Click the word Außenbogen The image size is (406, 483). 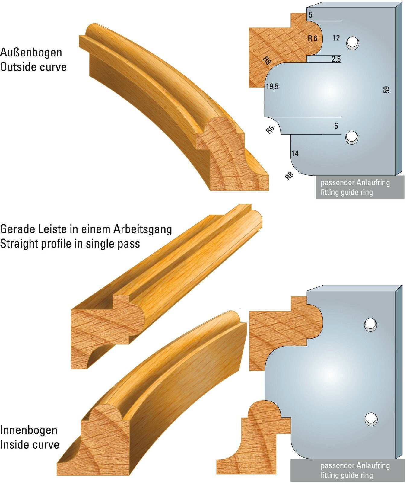[31, 53]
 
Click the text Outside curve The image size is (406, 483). [33, 67]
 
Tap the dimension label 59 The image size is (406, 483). [386, 90]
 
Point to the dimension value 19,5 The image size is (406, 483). [272, 87]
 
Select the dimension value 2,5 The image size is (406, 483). [336, 59]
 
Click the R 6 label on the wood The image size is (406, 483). [312, 39]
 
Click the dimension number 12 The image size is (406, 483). [336, 38]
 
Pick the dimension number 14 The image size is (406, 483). [295, 154]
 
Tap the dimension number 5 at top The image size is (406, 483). [311, 15]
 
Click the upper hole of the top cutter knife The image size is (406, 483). [353, 43]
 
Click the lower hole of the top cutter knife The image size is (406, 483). [352, 138]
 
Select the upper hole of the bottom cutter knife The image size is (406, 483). [370, 324]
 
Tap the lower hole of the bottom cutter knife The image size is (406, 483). [371, 419]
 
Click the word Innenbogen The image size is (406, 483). [29, 430]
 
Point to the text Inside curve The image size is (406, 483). [30, 444]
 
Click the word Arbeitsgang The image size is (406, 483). [143, 229]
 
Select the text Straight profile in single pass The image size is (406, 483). [70, 244]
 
